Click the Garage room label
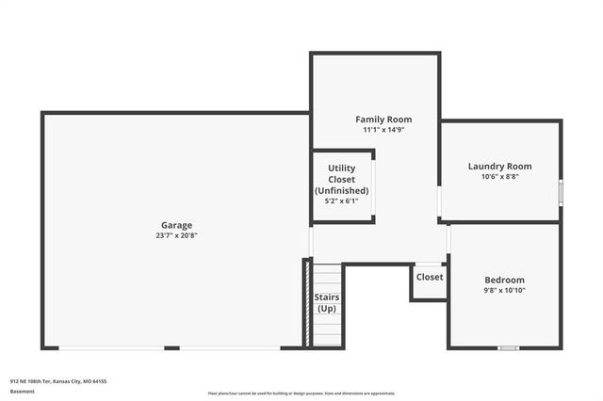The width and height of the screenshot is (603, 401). click(176, 225)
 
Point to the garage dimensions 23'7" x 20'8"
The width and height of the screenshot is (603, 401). click(176, 235)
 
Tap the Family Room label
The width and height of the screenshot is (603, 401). click(383, 120)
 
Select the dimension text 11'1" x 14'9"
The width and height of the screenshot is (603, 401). click(383, 130)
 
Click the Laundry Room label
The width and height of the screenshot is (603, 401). click(499, 166)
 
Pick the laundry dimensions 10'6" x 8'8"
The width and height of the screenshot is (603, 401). click(499, 176)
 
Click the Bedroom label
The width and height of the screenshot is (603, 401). click(504, 280)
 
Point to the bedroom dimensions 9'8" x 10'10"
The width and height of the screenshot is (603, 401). click(504, 290)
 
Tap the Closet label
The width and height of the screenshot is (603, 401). click(430, 277)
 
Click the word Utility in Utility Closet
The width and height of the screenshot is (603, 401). click(341, 168)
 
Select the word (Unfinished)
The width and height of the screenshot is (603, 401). click(341, 190)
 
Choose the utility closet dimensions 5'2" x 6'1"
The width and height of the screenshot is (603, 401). click(341, 200)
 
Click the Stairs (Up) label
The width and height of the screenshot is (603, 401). click(326, 302)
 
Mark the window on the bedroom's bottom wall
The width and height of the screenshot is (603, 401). click(509, 348)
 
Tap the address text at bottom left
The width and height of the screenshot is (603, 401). click(58, 381)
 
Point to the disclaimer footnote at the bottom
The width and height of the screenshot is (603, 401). click(301, 393)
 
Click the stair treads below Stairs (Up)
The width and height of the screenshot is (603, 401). click(326, 330)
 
